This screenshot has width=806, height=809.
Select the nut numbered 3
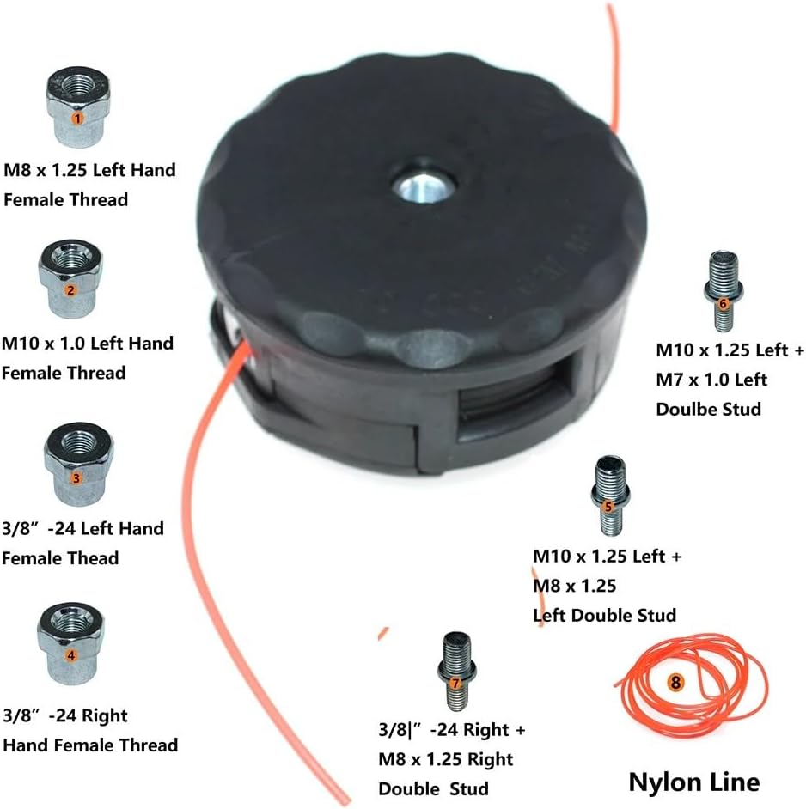pyautogui.click(x=77, y=464)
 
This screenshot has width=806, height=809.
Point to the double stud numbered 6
pyautogui.click(x=723, y=291)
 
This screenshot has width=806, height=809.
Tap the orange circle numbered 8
pyautogui.click(x=675, y=683)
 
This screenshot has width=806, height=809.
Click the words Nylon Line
pyautogui.click(x=693, y=782)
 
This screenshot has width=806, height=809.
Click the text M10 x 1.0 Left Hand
pyautogui.click(x=88, y=344)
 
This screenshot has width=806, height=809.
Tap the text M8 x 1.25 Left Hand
pyautogui.click(x=89, y=170)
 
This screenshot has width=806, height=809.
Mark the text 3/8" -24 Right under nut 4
pyautogui.click(x=65, y=715)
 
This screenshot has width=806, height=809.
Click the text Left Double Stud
pyautogui.click(x=604, y=615)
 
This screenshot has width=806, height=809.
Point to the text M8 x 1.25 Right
pyautogui.click(x=445, y=759)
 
